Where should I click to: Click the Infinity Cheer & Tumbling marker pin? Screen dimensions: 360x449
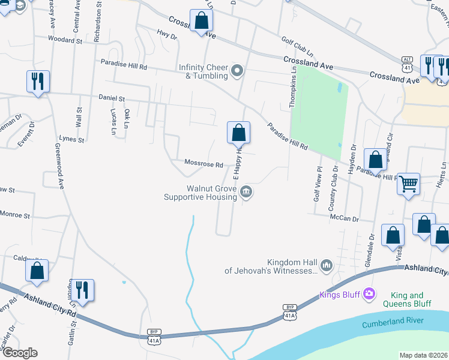coord(237,71)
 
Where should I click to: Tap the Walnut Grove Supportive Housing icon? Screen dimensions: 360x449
coord(246,192)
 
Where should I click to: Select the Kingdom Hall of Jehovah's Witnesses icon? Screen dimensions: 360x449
coord(327,265)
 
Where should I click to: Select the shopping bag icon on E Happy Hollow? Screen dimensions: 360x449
coord(238,132)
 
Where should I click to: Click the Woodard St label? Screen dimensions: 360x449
coord(65,40)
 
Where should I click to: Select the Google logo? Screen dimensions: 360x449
coord(19,353)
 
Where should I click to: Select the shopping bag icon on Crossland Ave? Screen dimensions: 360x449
coord(202,21)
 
